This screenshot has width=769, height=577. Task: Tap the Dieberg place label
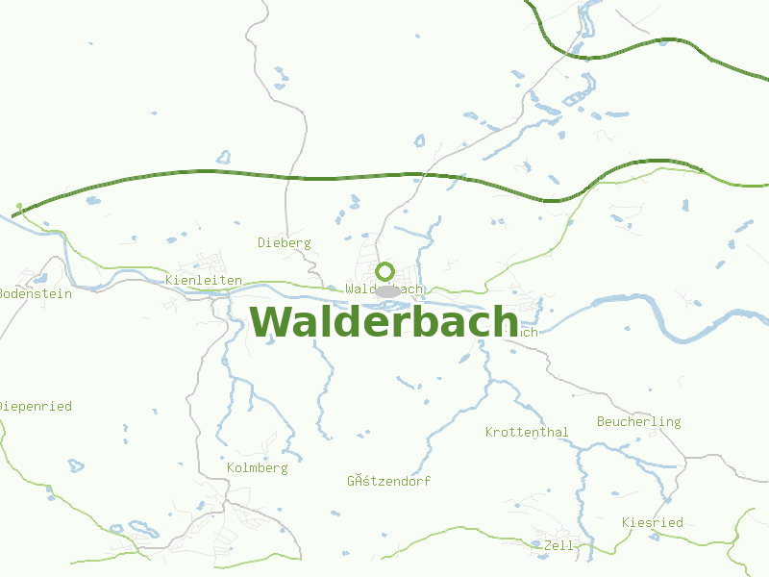(x=285, y=242)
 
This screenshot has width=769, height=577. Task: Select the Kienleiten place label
(x=204, y=280)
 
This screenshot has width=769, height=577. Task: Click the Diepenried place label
(x=36, y=406)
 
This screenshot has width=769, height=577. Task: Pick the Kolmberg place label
(x=257, y=467)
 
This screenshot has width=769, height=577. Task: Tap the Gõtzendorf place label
(x=388, y=481)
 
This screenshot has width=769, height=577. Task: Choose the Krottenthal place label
(x=527, y=432)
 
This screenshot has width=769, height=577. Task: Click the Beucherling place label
(x=638, y=421)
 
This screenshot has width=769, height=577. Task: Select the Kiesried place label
(x=652, y=522)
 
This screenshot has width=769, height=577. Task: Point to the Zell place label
(x=558, y=545)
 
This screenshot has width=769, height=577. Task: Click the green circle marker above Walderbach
(x=385, y=271)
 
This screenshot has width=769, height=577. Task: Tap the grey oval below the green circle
(x=386, y=290)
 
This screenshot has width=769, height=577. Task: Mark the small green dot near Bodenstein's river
(x=18, y=205)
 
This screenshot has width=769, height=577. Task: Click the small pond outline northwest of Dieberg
(x=224, y=156)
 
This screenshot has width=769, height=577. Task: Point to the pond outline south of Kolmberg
(x=144, y=528)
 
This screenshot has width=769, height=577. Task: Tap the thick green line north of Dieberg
(x=288, y=176)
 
